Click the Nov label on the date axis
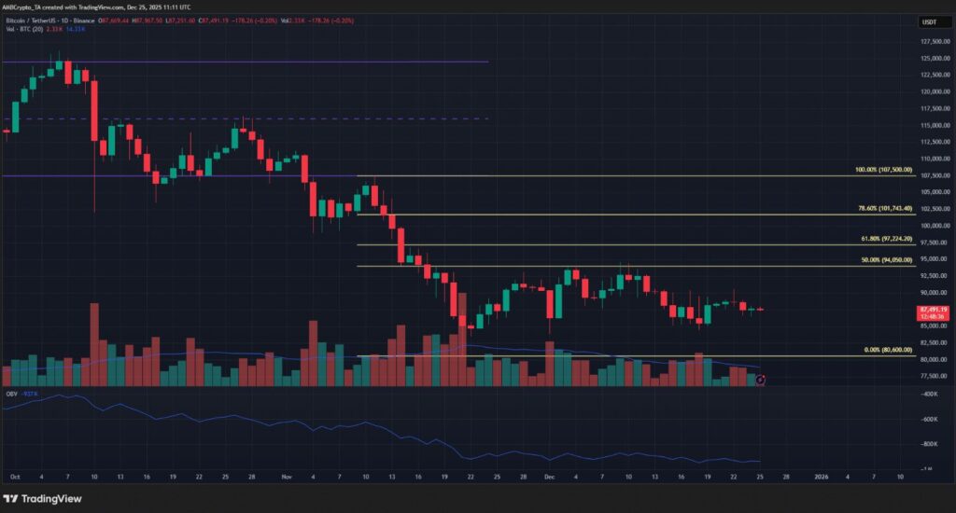coord(286,476)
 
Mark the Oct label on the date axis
coord(14,476)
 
